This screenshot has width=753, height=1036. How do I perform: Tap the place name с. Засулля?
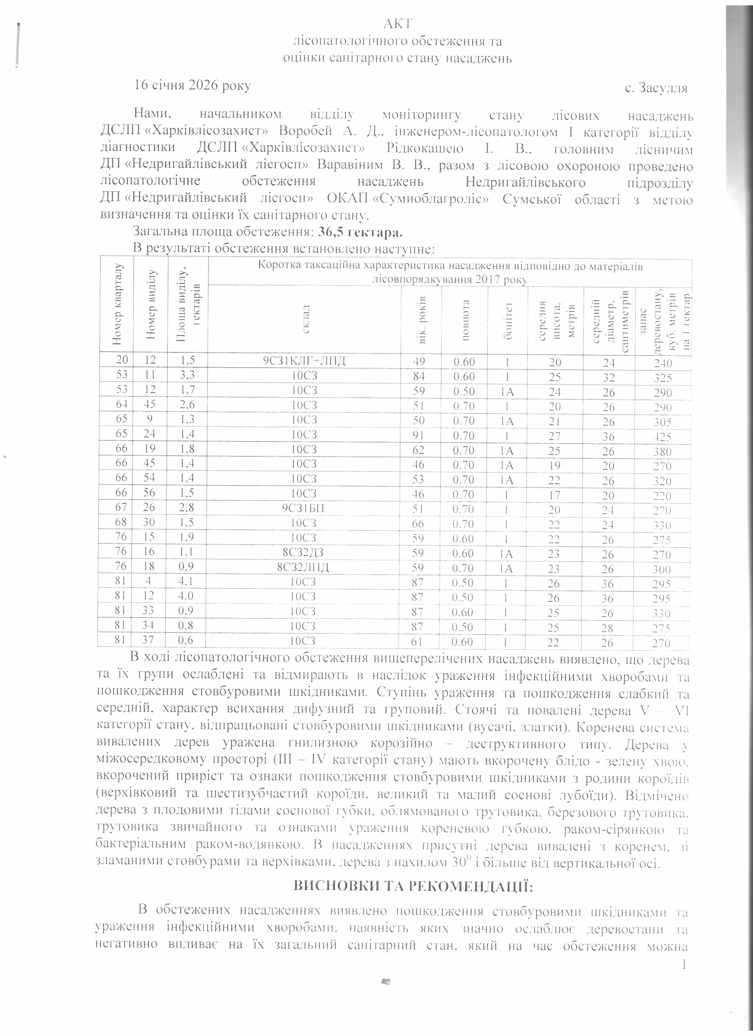(x=656, y=88)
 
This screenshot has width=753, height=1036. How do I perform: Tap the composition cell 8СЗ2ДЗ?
(x=304, y=552)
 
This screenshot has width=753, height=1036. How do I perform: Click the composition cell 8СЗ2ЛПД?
(x=304, y=567)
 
